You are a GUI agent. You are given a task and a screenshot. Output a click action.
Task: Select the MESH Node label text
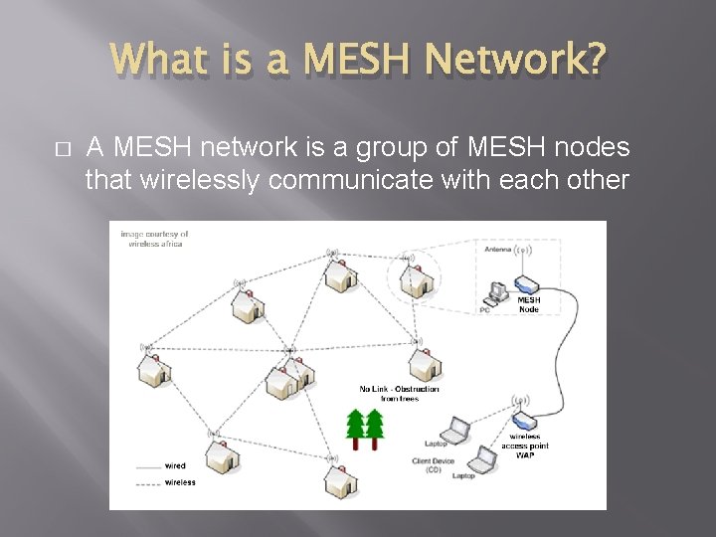pos(528,303)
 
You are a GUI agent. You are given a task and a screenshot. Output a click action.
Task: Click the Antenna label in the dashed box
pos(498,250)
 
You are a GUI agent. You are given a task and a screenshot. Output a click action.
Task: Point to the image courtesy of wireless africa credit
pos(154,238)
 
